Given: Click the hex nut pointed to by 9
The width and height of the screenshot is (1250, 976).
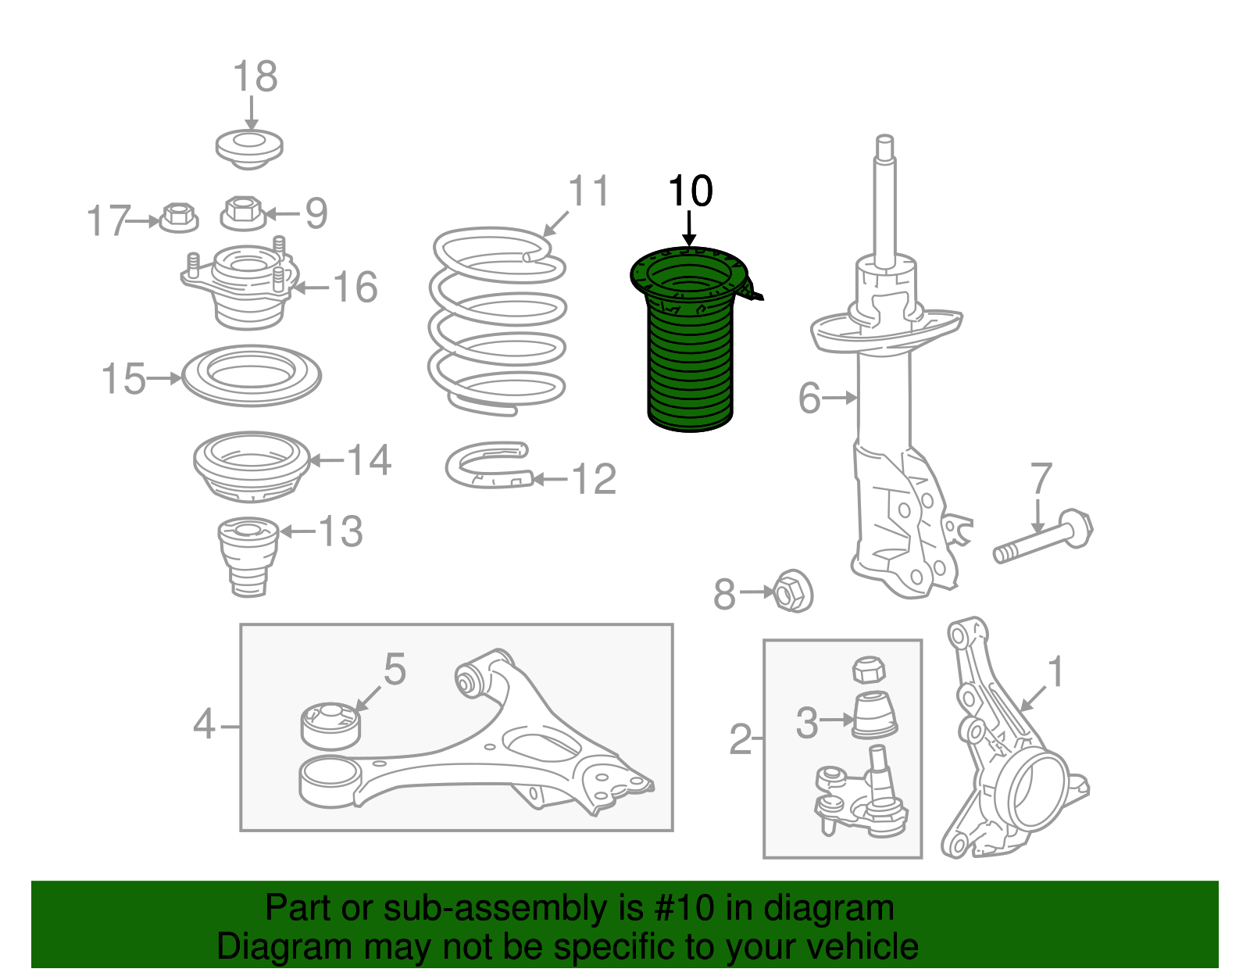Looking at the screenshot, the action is (243, 213).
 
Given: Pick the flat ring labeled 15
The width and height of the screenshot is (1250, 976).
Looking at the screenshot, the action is (252, 376).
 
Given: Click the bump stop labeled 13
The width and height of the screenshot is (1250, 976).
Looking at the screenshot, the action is (248, 556).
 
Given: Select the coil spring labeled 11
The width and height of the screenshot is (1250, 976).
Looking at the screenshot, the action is (497, 322).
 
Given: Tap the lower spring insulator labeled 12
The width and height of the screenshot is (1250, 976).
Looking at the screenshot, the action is (489, 466).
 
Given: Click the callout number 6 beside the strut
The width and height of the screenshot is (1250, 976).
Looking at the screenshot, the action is (809, 398).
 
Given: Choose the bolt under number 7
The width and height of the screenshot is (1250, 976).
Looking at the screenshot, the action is (1043, 537).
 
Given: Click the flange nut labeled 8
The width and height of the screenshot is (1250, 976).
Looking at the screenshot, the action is (793, 591).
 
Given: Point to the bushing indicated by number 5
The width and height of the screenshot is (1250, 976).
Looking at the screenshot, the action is (330, 726).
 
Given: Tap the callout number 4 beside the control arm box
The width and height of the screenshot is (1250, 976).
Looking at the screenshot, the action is (204, 724).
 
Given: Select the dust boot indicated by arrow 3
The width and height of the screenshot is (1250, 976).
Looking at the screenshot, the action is (873, 716).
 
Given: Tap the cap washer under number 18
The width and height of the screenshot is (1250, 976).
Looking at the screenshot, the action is (249, 149).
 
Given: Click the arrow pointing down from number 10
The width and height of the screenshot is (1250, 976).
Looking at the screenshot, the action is (689, 229).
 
